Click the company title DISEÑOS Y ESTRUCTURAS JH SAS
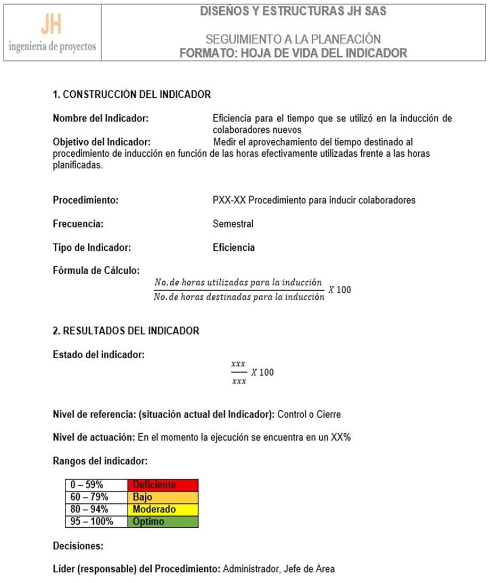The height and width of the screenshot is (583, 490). (x=293, y=11)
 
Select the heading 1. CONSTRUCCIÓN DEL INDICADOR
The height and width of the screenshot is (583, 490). (x=131, y=95)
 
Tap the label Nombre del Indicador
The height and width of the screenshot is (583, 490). (x=100, y=118)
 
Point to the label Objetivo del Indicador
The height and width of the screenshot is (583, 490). (x=102, y=142)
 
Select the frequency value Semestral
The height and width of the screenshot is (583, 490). (x=233, y=224)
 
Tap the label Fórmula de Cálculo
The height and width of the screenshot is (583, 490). (x=96, y=270)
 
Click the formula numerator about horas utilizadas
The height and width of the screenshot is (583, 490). (x=238, y=282)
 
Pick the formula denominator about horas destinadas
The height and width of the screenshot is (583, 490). (x=238, y=297)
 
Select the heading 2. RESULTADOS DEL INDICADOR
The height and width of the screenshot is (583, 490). (x=126, y=331)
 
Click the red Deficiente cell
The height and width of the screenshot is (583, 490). (x=163, y=485)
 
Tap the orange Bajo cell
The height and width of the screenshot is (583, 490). (x=163, y=497)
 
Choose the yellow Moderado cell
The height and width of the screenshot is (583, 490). (x=163, y=509)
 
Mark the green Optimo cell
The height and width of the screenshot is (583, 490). (x=163, y=521)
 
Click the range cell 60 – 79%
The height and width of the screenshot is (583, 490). (x=96, y=497)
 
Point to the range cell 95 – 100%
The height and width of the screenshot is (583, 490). (x=96, y=521)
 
